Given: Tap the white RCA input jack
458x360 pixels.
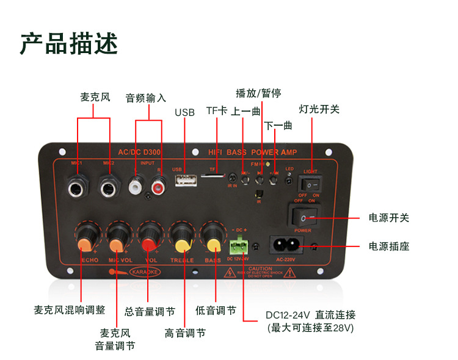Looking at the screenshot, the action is coord(134,184).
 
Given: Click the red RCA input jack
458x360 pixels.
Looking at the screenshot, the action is coord(160,184).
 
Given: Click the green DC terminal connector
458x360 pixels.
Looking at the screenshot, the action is coord(238,246).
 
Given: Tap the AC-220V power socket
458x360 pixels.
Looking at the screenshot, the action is coord(286,245).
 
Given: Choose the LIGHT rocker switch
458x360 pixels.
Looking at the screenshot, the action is coord(311,182).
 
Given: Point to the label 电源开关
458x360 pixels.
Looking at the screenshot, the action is coord(388,218).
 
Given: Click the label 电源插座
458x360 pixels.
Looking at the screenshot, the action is coord(388,247).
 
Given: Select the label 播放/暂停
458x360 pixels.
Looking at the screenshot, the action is coord(258,93).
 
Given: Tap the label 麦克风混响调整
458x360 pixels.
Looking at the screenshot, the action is coord(69,310).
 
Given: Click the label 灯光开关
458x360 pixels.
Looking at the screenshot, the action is coord(319,109).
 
